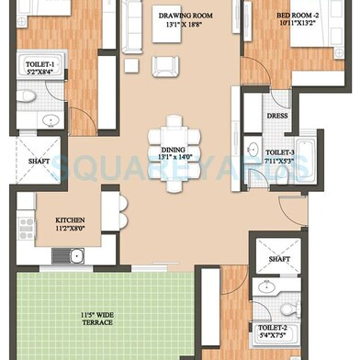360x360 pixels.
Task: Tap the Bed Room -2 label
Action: tap(298, 16)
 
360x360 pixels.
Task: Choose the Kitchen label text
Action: tap(71, 220)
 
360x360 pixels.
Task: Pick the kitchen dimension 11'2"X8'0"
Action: tap(71, 231)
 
